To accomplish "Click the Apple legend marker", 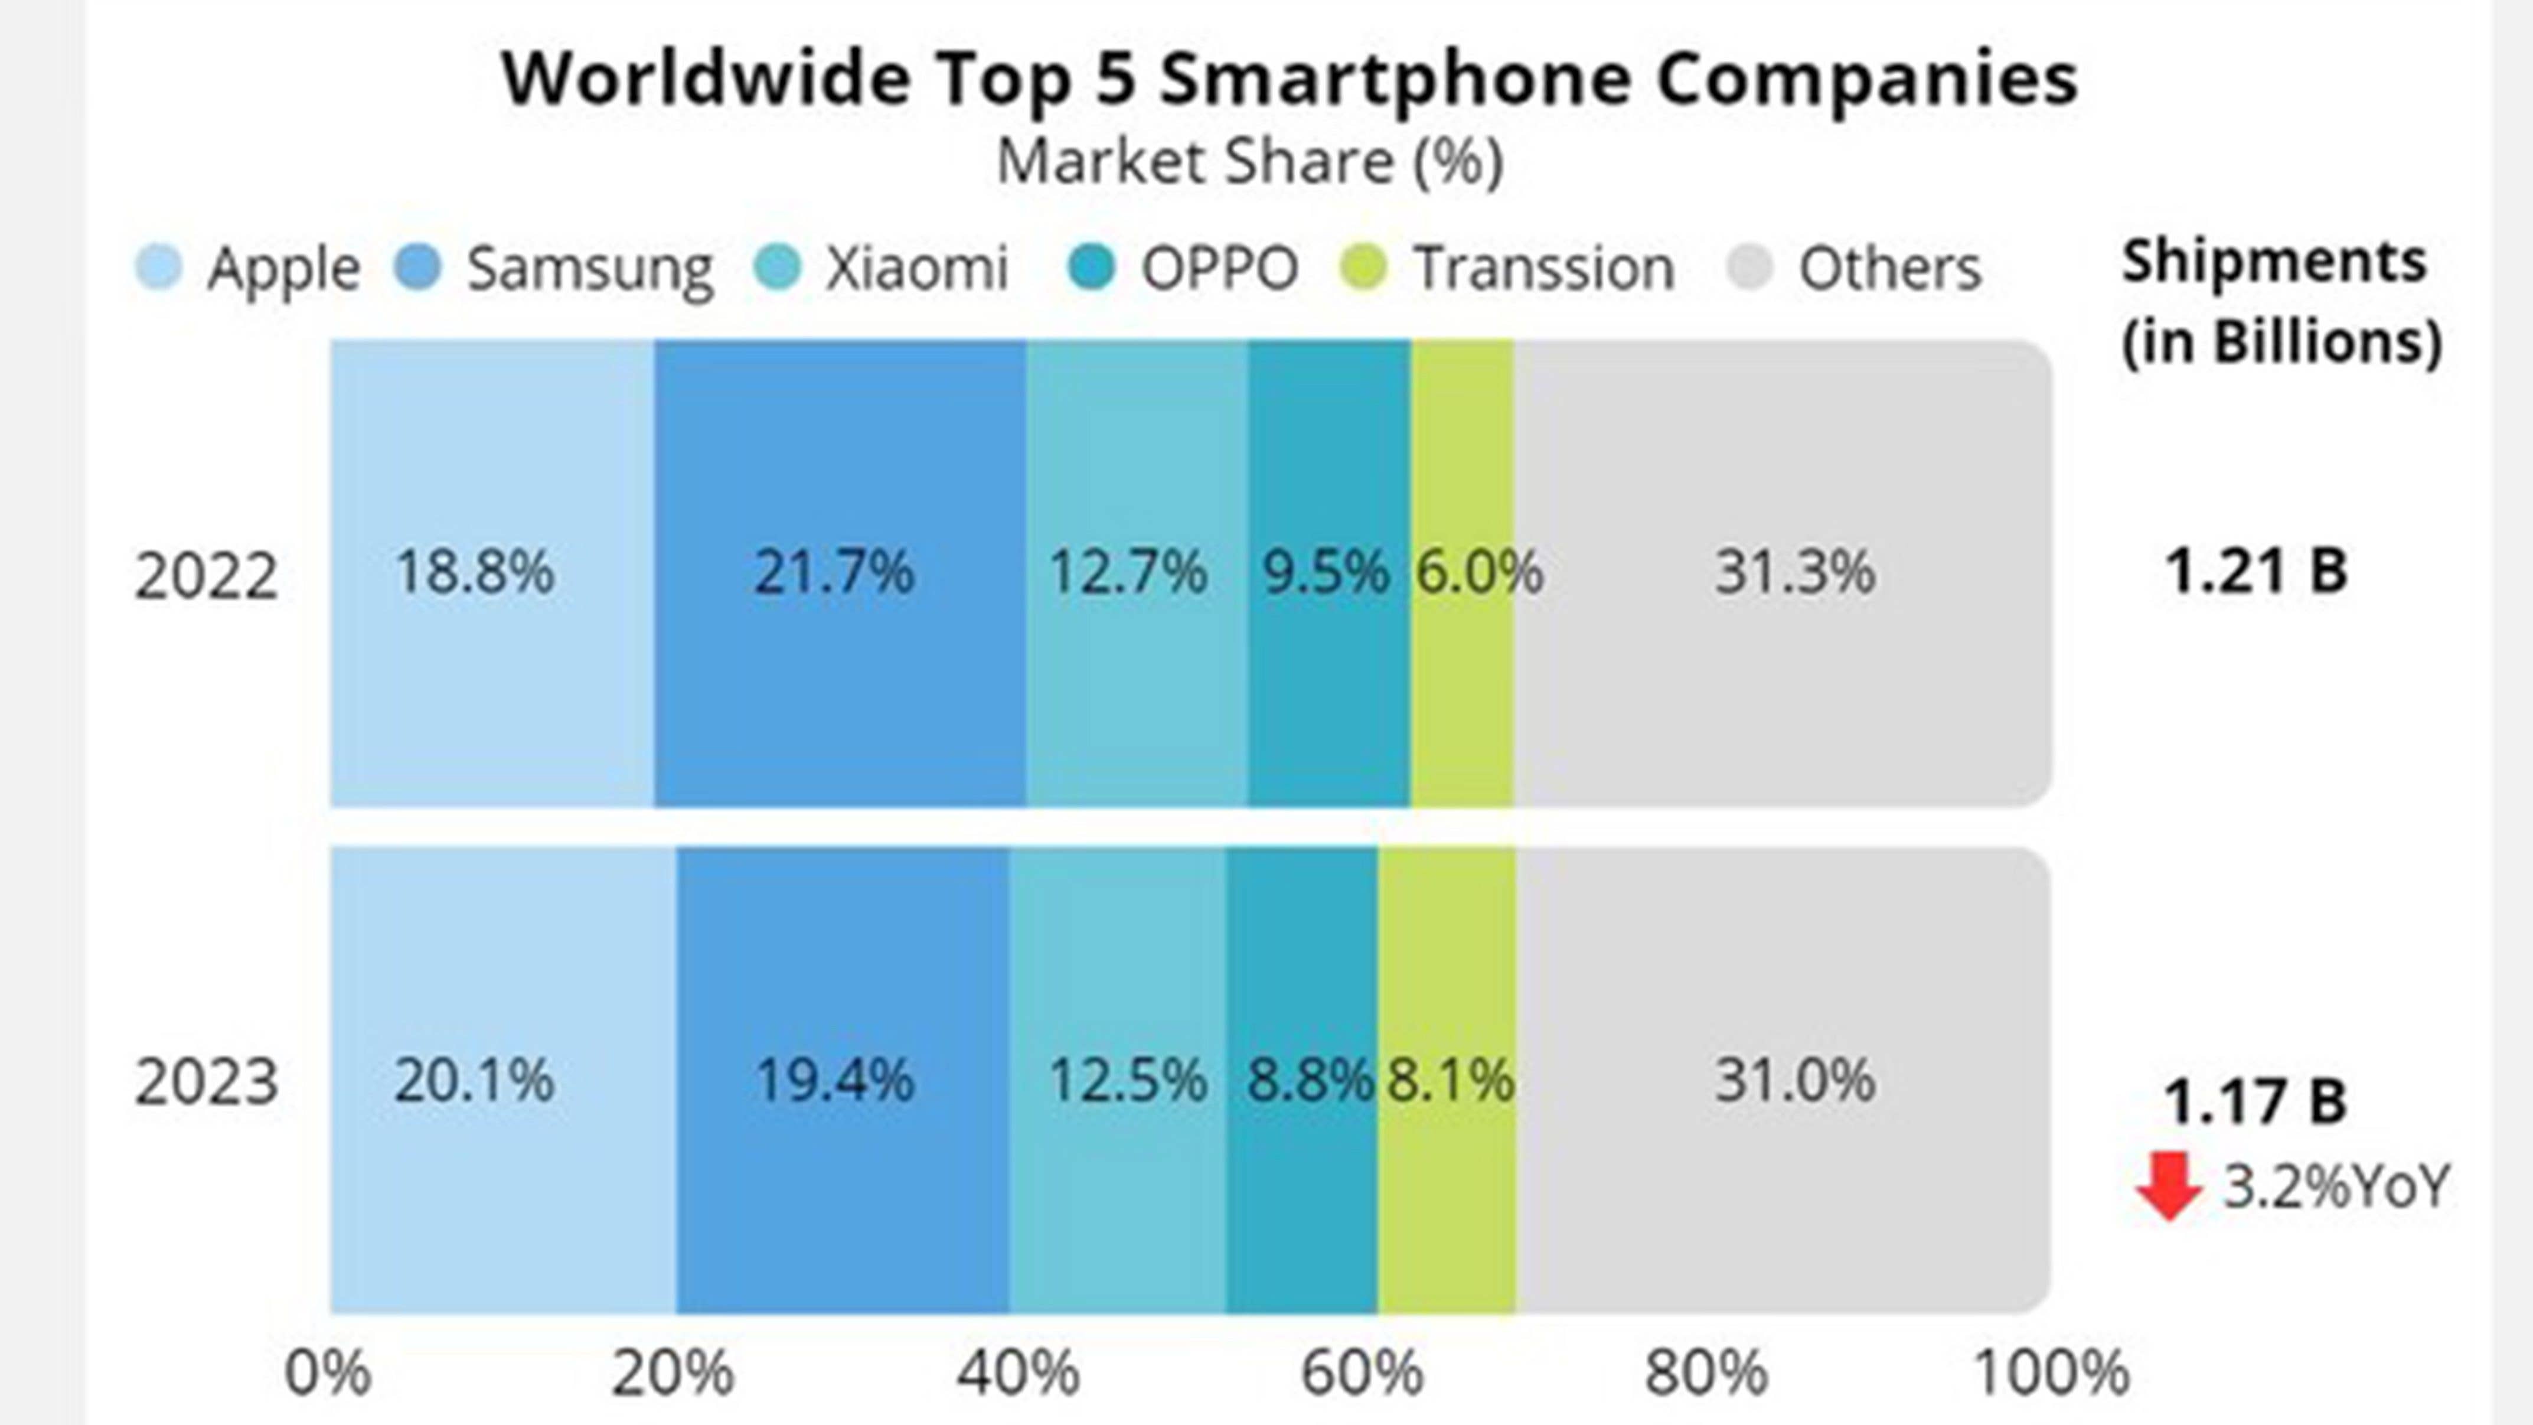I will [x=158, y=268].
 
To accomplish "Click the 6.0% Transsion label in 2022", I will [x=1478, y=572].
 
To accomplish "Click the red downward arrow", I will [x=2168, y=1186].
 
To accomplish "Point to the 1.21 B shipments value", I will [x=2255, y=572].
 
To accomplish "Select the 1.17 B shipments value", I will [x=2255, y=1101].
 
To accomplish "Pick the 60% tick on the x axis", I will [x=1362, y=1373].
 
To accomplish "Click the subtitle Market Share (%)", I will [x=1250, y=162].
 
